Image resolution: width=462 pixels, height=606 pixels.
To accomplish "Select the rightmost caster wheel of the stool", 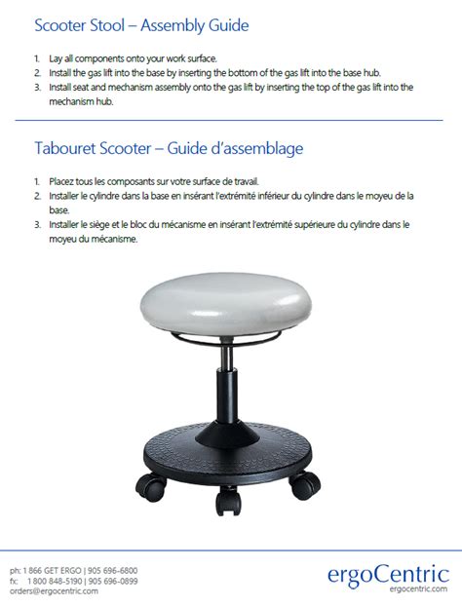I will (x=305, y=480).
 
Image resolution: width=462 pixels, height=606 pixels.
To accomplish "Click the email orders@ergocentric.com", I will (x=54, y=590).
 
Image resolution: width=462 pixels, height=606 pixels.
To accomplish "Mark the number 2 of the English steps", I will (x=36, y=72).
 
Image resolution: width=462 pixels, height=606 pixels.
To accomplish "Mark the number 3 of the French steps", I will (x=36, y=224).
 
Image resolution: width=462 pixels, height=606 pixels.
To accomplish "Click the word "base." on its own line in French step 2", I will (x=59, y=209).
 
